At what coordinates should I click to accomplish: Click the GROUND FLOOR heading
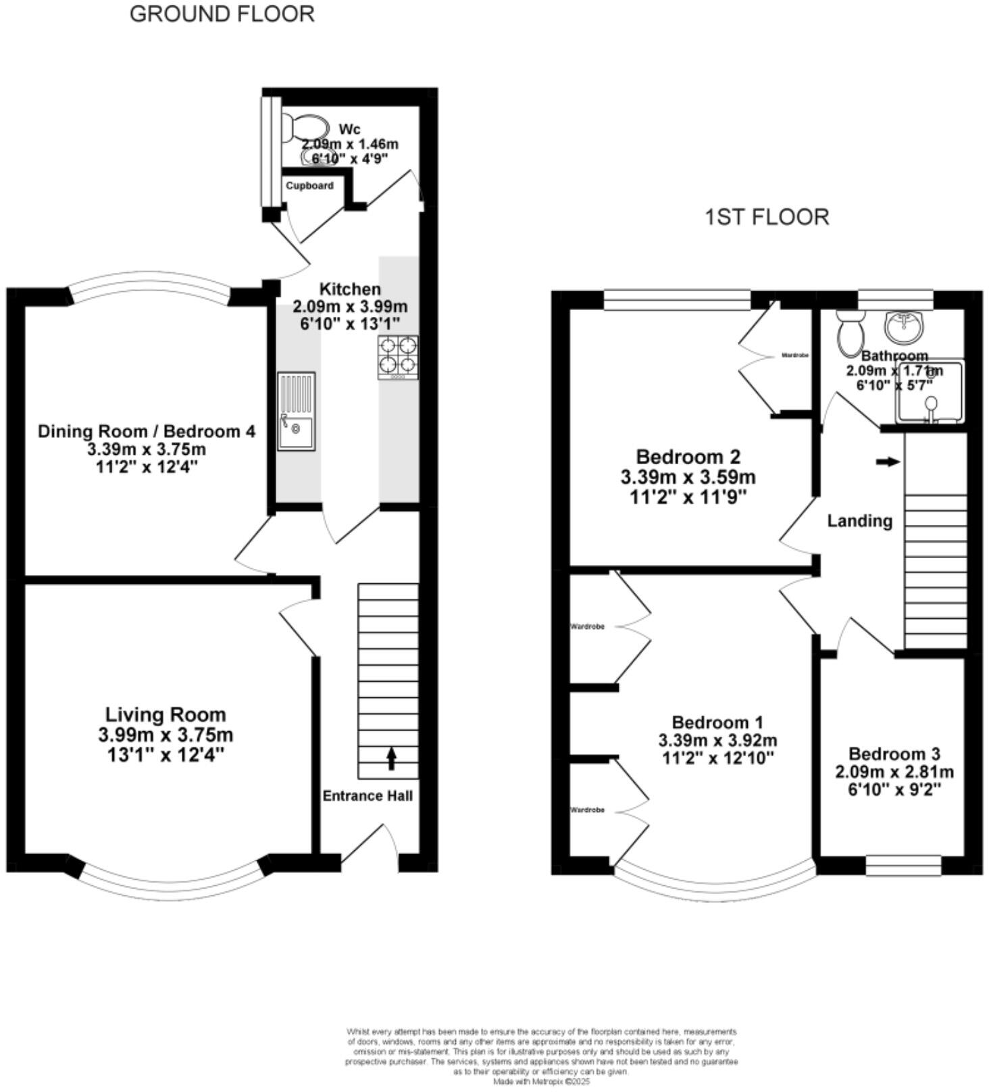[x=222, y=14]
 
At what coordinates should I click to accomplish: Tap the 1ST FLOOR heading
[x=766, y=217]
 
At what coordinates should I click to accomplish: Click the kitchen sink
[x=296, y=412]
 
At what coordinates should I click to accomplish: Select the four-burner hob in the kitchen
[x=397, y=357]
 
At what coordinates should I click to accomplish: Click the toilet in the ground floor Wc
[x=304, y=127]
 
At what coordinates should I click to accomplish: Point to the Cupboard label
[x=309, y=186]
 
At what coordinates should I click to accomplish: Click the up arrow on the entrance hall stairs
[x=391, y=758]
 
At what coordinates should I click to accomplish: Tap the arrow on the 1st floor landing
[x=888, y=462]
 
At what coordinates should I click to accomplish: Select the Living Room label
[x=166, y=714]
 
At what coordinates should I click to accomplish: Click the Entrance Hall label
[x=367, y=795]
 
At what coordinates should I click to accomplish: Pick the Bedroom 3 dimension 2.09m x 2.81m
[x=894, y=772]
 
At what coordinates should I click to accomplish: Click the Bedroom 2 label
[x=688, y=456]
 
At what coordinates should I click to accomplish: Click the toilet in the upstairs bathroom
[x=848, y=333]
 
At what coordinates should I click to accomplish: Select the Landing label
[x=859, y=521]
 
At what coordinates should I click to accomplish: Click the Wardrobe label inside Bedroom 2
[x=794, y=355]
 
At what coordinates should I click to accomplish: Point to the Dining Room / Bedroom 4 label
[x=147, y=431]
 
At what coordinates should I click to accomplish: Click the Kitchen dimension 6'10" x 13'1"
[x=350, y=324]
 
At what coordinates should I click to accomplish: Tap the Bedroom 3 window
[x=903, y=866]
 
